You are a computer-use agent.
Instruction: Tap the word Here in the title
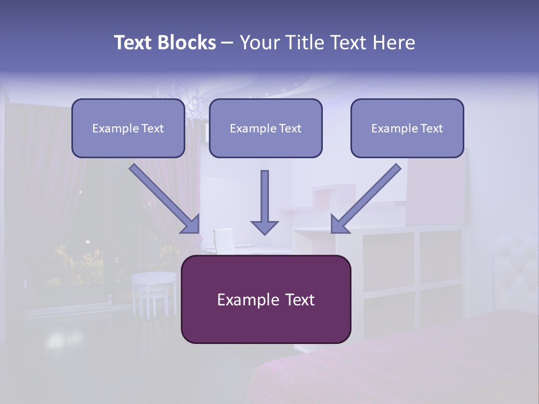392,43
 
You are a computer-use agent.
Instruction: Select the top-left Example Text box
128,128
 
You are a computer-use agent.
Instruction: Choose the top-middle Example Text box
266,128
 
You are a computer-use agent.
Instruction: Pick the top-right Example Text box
407,128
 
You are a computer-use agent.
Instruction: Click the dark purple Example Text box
266,299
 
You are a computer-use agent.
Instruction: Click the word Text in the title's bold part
135,43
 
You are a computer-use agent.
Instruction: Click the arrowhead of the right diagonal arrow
340,224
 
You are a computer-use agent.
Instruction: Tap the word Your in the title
259,43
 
